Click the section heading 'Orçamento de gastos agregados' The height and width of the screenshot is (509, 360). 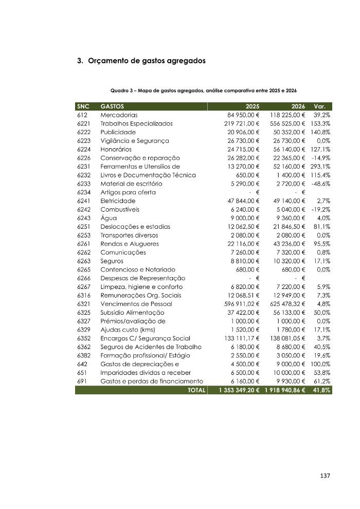(147, 61)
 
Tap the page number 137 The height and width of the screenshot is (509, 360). (325, 476)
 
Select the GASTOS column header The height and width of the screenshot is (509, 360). (113, 106)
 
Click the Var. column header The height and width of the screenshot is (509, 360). (323, 106)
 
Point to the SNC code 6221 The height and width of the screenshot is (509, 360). (84, 123)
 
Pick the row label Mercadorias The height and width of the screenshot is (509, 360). (119, 115)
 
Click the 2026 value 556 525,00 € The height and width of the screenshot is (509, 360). (286, 123)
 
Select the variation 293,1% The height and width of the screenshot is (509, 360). (320, 167)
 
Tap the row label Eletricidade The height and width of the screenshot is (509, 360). (118, 201)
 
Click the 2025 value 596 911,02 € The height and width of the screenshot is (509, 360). (238, 304)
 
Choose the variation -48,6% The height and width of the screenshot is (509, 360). (320, 184)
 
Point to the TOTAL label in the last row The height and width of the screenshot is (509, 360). (196, 390)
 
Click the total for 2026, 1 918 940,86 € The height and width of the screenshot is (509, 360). (285, 390)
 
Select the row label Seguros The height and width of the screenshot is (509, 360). (112, 261)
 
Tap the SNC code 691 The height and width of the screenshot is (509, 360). (82, 381)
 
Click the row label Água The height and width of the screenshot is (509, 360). (109, 218)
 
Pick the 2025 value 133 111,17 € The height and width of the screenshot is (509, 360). (238, 338)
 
